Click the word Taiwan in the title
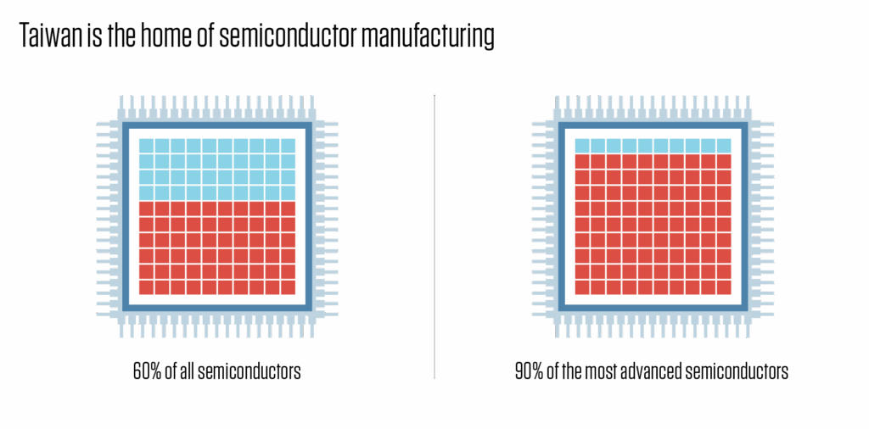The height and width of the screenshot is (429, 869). point(49,37)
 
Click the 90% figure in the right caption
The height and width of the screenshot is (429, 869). point(528,371)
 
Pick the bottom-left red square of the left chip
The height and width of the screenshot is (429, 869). point(146,287)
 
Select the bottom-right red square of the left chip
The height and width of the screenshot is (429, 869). point(288,287)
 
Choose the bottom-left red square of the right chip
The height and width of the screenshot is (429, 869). point(582,287)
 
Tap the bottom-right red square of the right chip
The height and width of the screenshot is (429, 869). point(723,287)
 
